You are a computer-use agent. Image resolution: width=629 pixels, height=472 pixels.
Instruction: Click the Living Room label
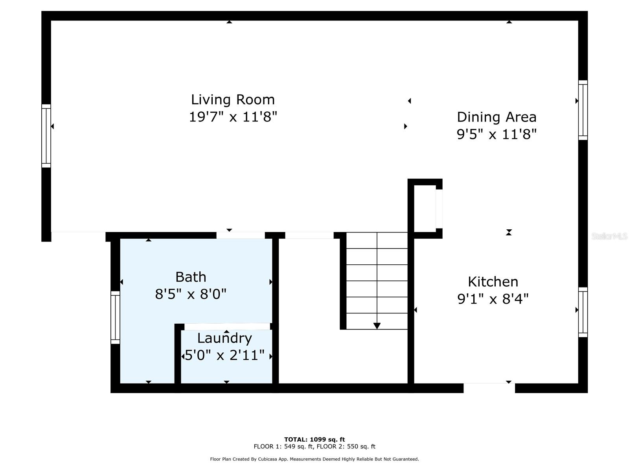233,100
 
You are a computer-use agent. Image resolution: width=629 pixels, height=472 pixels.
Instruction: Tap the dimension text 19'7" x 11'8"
233,117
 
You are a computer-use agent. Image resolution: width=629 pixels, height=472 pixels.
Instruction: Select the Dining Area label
497,117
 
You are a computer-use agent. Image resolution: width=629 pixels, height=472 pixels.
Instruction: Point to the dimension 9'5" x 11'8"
497,135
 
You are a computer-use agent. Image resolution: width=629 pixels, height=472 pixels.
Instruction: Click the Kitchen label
493,282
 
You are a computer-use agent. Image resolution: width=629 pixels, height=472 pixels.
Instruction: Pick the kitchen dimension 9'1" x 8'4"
493,299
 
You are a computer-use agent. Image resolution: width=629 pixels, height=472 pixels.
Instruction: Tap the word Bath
191,277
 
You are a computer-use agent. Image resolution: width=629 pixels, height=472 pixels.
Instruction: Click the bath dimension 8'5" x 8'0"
191,294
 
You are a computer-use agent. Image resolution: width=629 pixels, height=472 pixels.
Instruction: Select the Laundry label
224,338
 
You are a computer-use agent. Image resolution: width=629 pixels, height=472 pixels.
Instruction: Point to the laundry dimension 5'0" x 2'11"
224,356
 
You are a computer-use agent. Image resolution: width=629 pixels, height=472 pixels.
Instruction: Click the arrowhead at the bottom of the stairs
377,326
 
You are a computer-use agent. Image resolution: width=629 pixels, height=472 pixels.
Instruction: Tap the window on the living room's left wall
46,136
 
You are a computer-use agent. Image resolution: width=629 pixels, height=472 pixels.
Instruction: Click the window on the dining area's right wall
583,110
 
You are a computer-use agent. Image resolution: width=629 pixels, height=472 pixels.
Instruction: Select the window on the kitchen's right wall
583,312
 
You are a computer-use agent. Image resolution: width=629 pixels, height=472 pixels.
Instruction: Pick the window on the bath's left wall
115,317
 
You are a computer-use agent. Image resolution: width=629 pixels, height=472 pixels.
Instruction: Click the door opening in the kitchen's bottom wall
489,388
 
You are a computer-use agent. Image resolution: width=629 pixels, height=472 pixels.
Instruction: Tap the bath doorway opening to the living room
241,235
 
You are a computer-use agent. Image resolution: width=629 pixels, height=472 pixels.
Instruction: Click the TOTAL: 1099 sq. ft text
314,439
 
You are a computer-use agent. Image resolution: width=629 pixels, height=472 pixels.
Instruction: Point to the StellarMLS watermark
609,236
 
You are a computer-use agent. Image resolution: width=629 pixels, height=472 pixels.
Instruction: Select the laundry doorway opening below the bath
227,326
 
